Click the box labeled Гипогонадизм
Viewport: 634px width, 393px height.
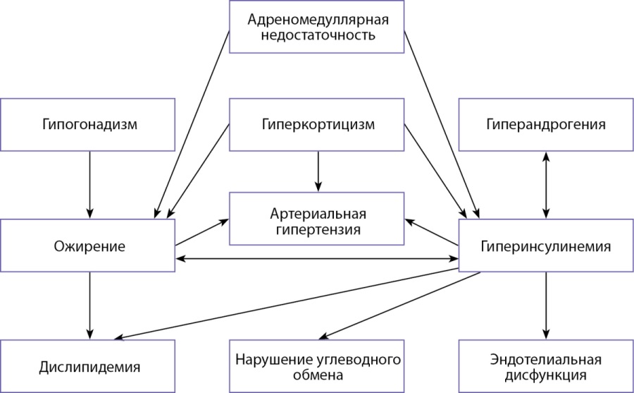(88, 125)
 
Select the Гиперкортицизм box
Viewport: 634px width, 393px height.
(316, 125)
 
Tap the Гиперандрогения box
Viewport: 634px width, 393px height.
(546, 125)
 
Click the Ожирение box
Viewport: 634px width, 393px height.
(88, 246)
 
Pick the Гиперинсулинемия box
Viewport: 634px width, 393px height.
(546, 246)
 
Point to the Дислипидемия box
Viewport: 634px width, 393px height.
(88, 366)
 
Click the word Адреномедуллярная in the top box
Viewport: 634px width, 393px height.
(318, 20)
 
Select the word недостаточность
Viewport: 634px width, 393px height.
(318, 35)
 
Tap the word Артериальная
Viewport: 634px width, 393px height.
(318, 214)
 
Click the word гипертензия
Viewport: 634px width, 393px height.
(318, 229)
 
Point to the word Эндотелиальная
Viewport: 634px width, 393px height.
(546, 359)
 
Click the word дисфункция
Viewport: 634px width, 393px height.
(546, 375)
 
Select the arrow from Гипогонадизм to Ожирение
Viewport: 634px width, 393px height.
(89, 185)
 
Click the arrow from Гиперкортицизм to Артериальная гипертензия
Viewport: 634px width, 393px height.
(318, 171)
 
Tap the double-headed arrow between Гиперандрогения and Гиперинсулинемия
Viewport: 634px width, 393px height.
(546, 185)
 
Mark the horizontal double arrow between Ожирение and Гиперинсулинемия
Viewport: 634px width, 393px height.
(317, 258)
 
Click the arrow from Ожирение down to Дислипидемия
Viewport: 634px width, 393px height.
(89, 306)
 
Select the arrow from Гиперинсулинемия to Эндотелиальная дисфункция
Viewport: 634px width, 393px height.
(546, 306)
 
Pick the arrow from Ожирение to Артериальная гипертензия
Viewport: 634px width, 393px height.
(202, 232)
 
